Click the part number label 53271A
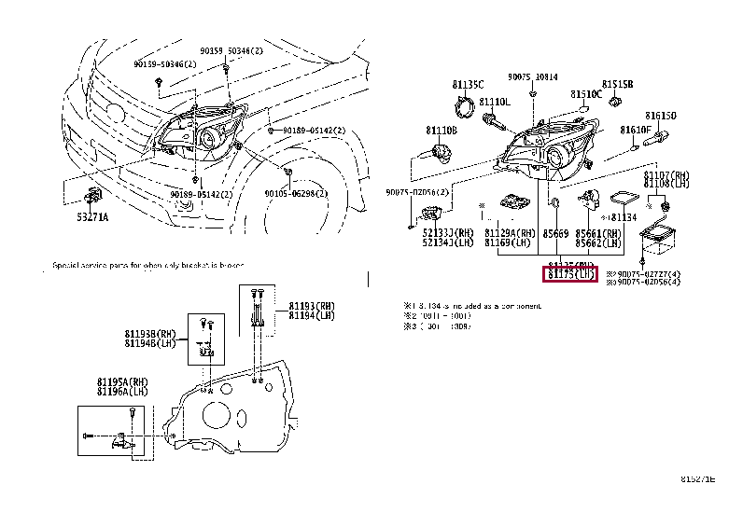pyautogui.click(x=93, y=216)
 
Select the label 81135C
pyautogui.click(x=470, y=84)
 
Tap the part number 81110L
pyautogui.click(x=495, y=102)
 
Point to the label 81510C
pyautogui.click(x=587, y=94)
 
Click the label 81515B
pyautogui.click(x=617, y=84)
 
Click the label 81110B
pyautogui.click(x=442, y=131)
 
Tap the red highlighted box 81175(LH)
pyautogui.click(x=571, y=274)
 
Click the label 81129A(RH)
pyautogui.click(x=510, y=233)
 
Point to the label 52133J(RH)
pyautogui.click(x=447, y=233)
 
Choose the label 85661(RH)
pyautogui.click(x=598, y=233)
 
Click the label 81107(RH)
pyautogui.click(x=666, y=175)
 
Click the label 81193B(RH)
pyautogui.click(x=149, y=335)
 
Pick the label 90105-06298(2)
pyautogui.click(x=296, y=193)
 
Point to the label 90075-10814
pyautogui.click(x=533, y=77)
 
